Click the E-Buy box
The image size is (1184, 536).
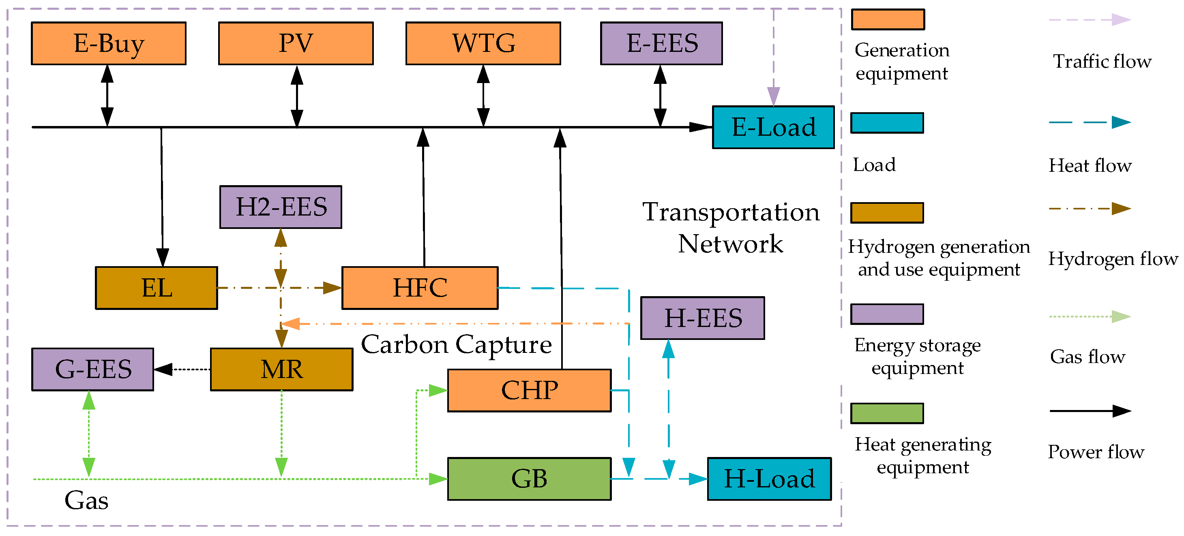pos(109,43)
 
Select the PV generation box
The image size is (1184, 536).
pos(296,43)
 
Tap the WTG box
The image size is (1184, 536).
pos(483,43)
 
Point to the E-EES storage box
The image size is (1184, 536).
pos(661,43)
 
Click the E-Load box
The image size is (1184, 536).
pos(773,127)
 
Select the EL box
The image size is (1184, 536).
pos(156,288)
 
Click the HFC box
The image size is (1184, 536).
pos(420,288)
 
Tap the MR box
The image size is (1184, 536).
pos(281,369)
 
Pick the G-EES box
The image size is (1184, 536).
pos(92,369)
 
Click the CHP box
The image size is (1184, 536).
pos(529,391)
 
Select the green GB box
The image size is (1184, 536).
pos(529,478)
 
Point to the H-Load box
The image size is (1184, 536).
pos(769,478)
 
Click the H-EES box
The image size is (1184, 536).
pos(702,318)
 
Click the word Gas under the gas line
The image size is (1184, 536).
pos(86,501)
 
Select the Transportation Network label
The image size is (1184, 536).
pos(731,228)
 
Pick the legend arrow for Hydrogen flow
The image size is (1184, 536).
pos(1089,209)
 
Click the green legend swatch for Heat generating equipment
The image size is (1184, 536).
pos(887,413)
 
